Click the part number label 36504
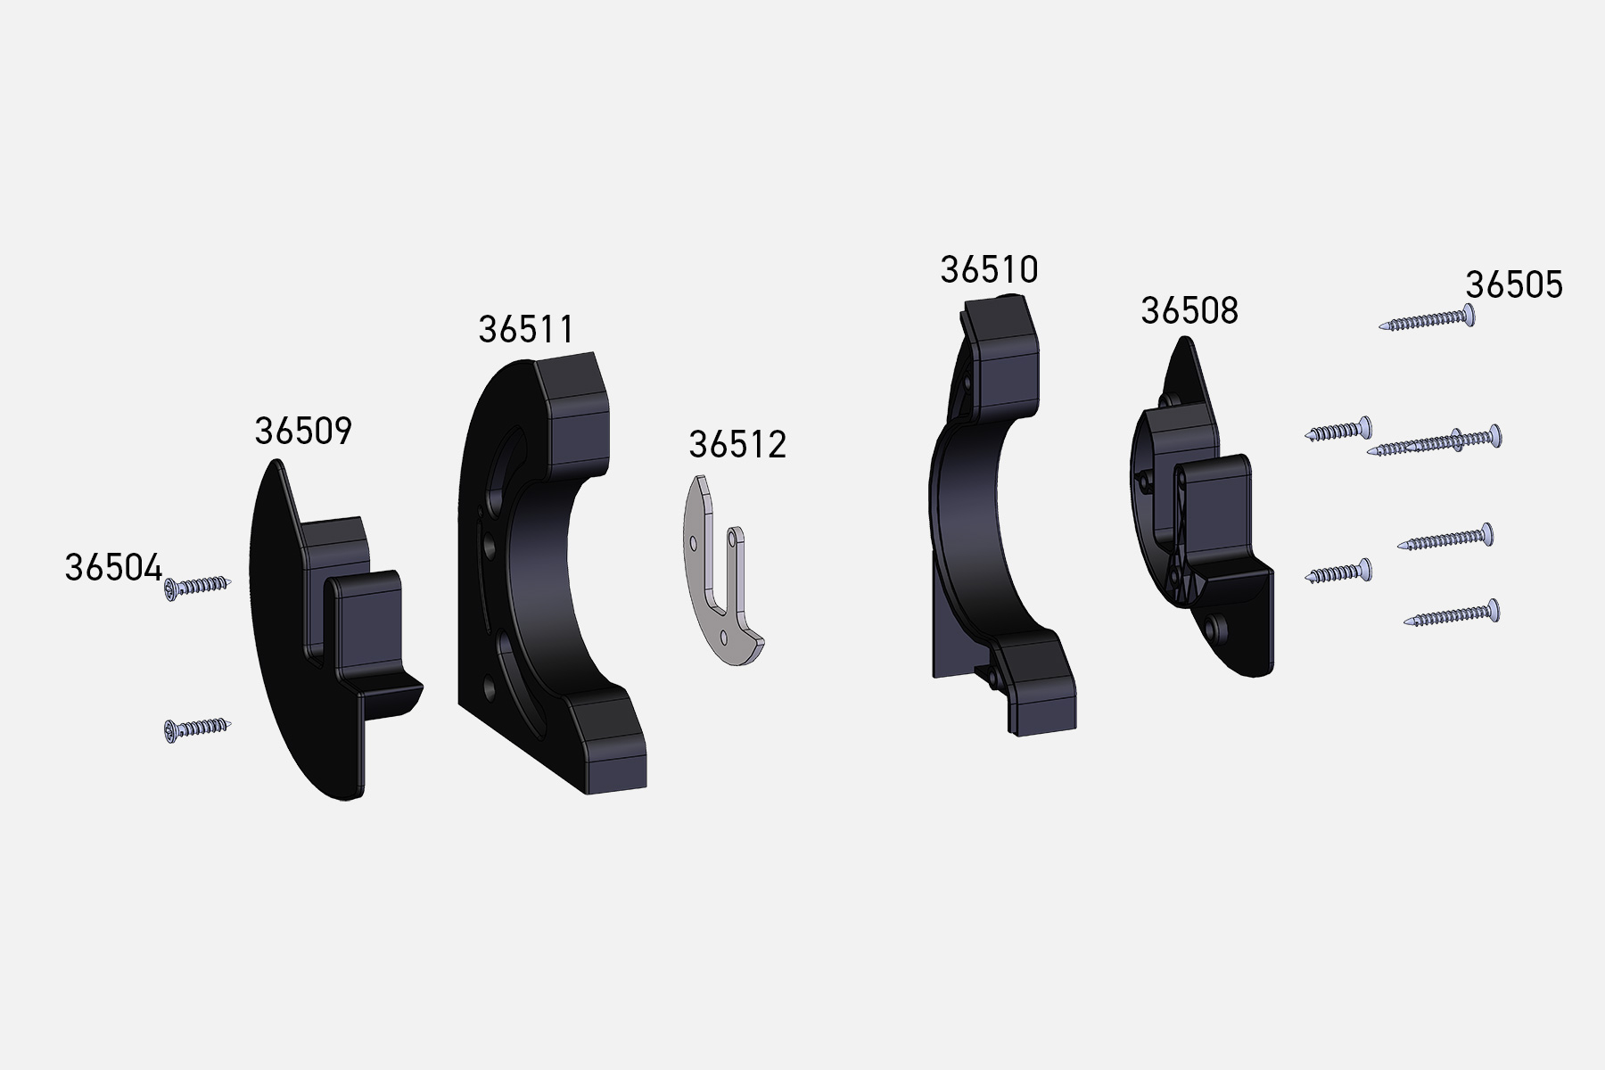113,568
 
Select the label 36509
303,431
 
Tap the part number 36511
526,329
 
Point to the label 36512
737,445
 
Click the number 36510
989,269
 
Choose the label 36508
1189,311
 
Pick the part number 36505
1514,285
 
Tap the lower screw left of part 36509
197,729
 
